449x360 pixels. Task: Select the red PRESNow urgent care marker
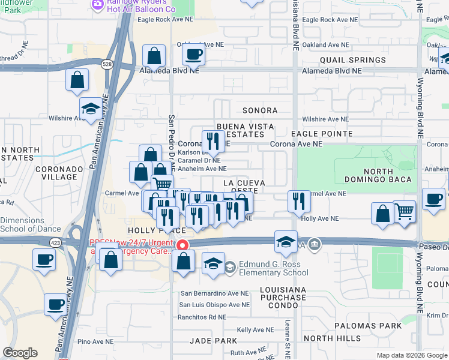[x=181, y=245]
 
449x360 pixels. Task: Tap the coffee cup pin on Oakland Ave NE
[x=193, y=55]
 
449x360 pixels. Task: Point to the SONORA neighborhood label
[x=260, y=110]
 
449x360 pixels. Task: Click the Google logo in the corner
[x=20, y=353]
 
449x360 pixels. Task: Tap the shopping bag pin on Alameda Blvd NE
[x=154, y=57]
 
